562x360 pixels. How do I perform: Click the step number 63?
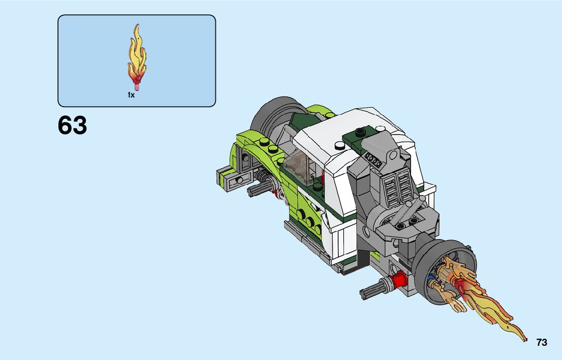click(72, 125)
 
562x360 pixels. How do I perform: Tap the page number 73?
click(542, 342)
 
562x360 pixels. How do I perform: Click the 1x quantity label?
click(131, 95)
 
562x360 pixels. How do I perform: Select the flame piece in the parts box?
click(137, 57)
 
